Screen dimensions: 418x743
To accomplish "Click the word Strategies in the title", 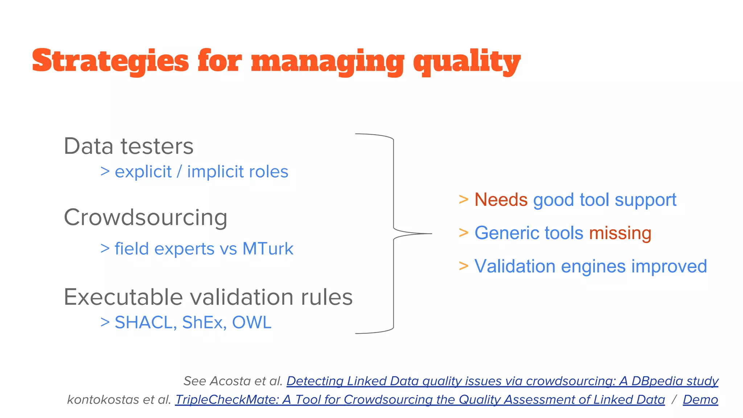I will (x=110, y=61).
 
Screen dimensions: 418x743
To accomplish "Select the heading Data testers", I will (x=128, y=146).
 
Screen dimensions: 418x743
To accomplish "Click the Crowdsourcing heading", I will (x=145, y=217).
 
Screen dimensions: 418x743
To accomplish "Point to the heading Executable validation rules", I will (x=208, y=297).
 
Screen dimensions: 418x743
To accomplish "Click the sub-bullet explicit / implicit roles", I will (x=201, y=172).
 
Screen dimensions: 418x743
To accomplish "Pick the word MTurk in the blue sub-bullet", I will (x=268, y=249).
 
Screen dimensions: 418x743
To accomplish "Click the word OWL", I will (x=251, y=323).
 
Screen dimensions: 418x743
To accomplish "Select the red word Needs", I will (x=501, y=200).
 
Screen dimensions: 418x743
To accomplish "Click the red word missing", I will (x=620, y=233).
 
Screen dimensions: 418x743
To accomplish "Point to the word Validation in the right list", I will (x=514, y=266).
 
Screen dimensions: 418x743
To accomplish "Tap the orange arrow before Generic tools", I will (x=463, y=233).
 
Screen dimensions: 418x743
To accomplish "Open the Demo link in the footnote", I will (x=700, y=399).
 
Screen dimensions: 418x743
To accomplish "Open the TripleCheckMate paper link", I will (x=420, y=399).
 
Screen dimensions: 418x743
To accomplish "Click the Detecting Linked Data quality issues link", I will (x=502, y=381).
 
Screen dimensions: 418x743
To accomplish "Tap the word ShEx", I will (x=202, y=323).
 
